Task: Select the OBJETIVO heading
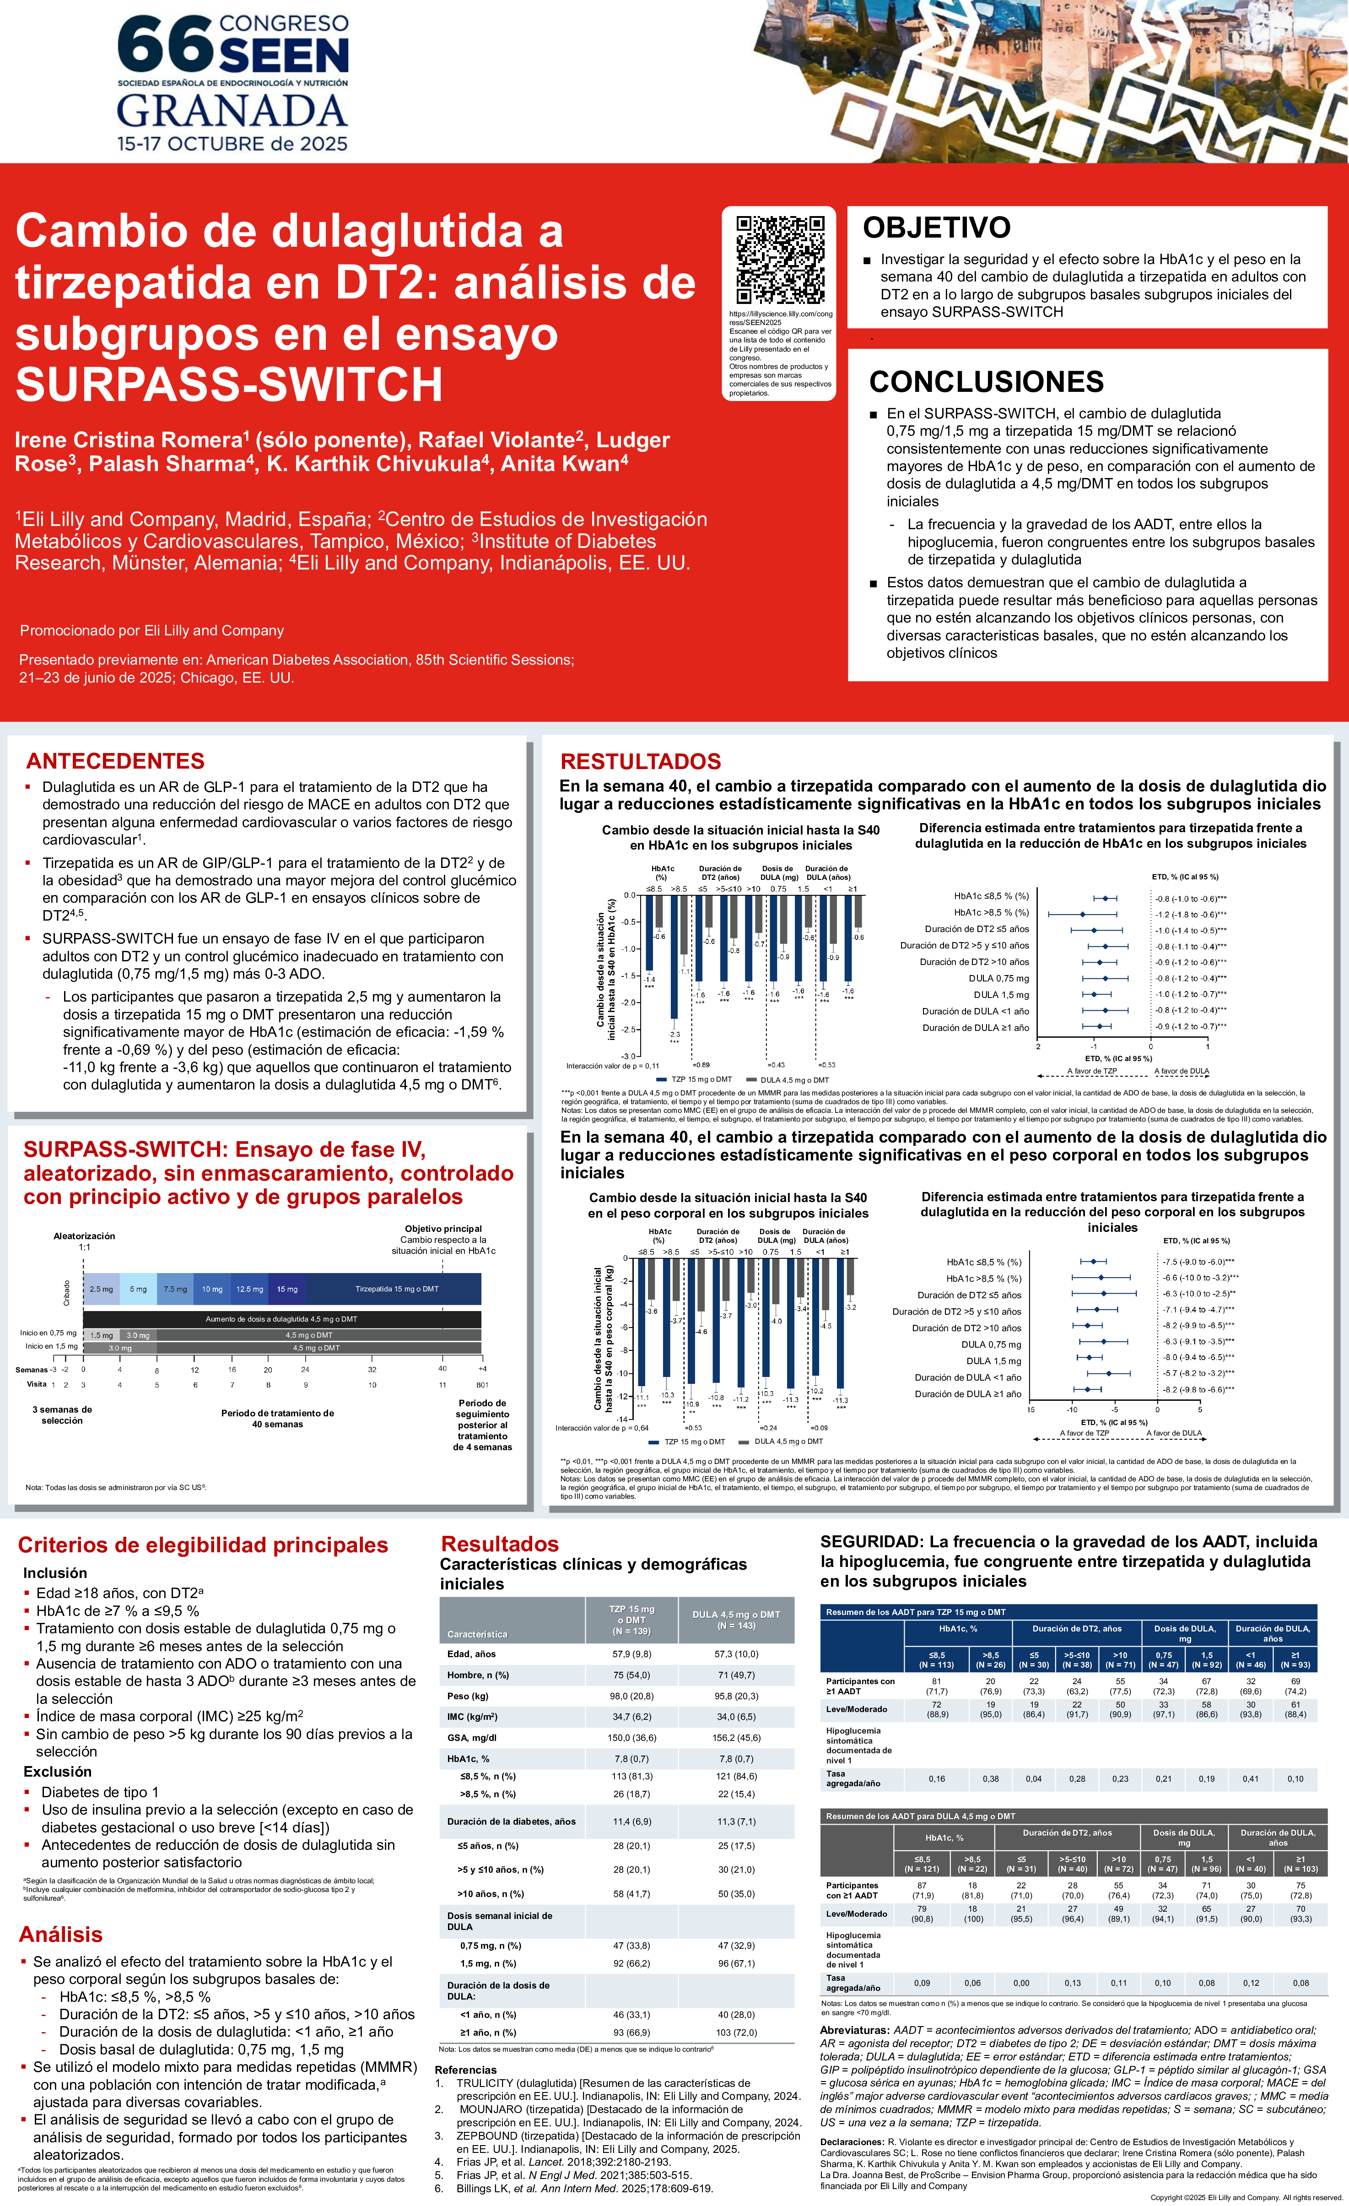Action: click(936, 228)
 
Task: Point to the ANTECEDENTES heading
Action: click(115, 761)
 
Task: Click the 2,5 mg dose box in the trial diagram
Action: click(101, 1288)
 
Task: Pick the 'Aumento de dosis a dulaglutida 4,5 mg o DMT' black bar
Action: click(281, 1319)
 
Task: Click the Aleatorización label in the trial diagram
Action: click(84, 1236)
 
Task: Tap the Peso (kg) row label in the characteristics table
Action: click(468, 1696)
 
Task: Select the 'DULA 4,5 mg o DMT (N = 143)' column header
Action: click(736, 1620)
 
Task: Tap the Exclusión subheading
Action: click(57, 1771)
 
